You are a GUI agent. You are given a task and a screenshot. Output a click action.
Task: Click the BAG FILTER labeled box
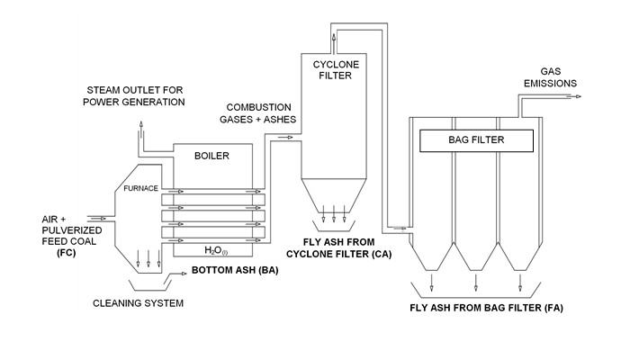[476, 140]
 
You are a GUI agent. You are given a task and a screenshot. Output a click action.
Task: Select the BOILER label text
[211, 156]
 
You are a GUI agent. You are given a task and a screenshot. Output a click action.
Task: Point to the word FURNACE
[142, 188]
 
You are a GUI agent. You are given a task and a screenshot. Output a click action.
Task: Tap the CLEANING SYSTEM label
[139, 303]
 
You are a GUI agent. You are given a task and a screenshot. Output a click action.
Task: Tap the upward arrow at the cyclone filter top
[335, 40]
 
